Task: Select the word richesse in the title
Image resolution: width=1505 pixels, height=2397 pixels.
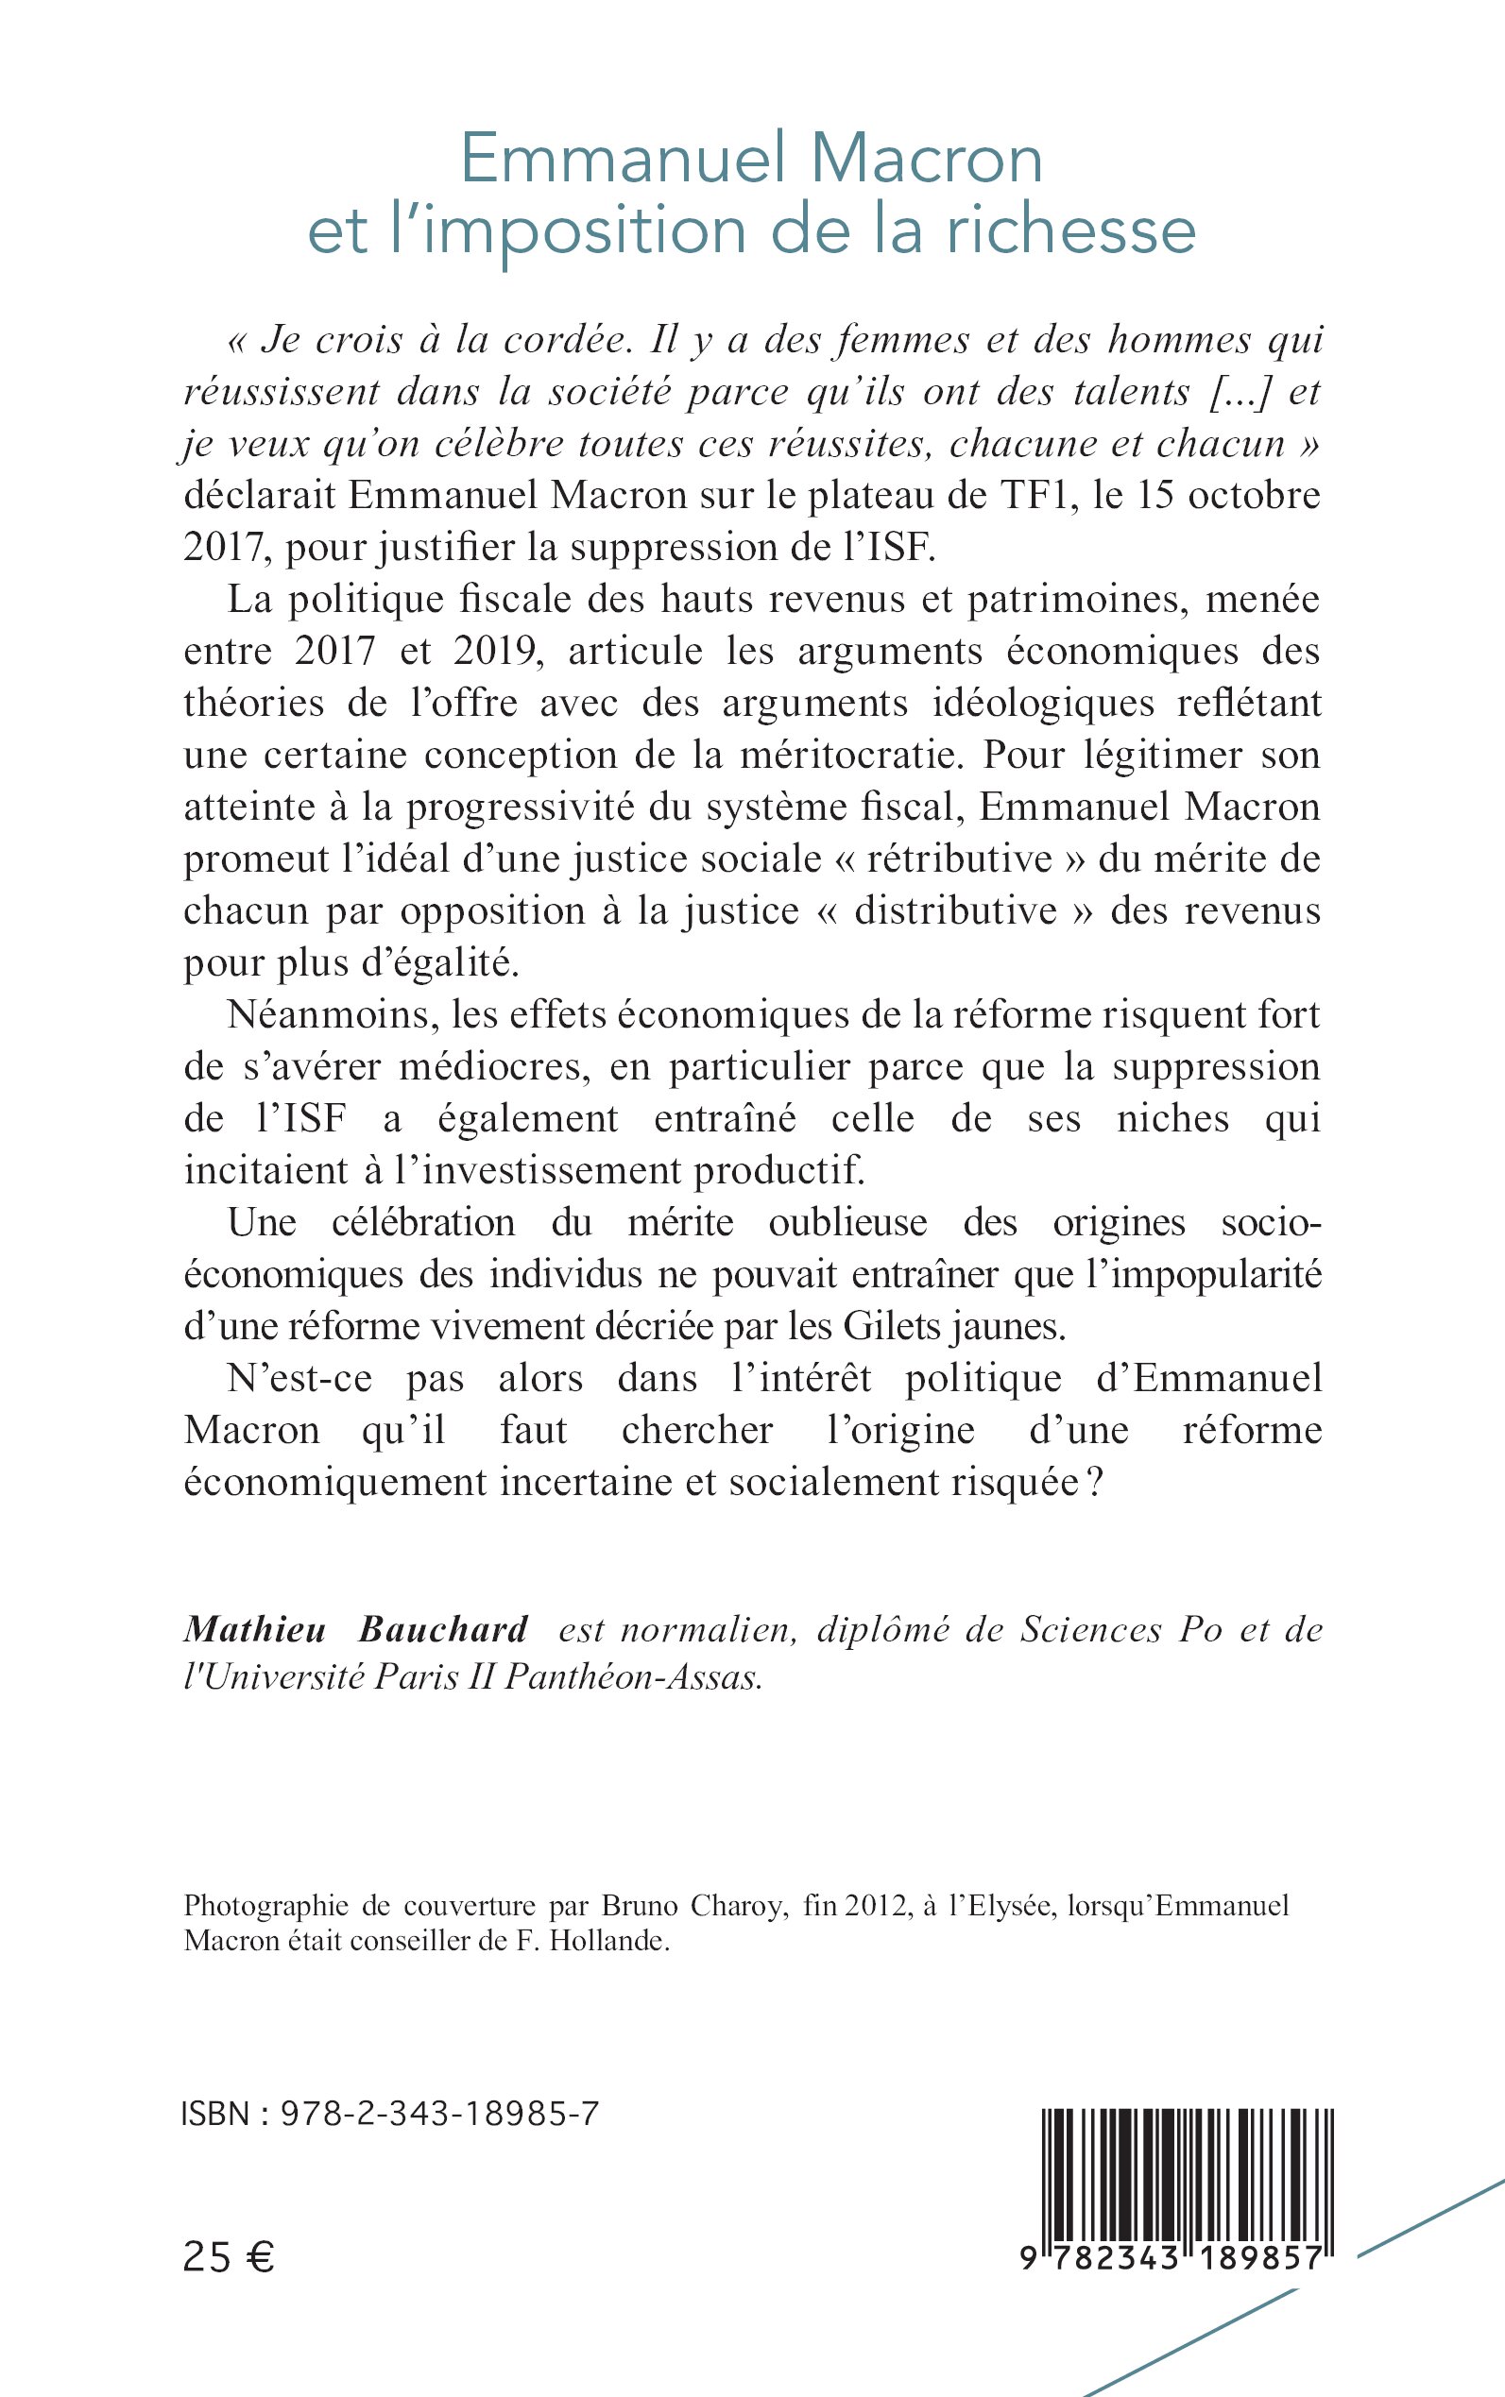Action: point(1070,230)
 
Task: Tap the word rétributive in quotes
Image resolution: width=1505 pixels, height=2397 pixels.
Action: point(959,858)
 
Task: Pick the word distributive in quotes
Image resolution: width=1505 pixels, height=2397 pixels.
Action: point(954,910)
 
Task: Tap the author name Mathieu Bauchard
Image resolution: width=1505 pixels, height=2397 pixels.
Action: point(356,1630)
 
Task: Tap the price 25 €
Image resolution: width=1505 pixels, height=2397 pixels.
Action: point(229,2259)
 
